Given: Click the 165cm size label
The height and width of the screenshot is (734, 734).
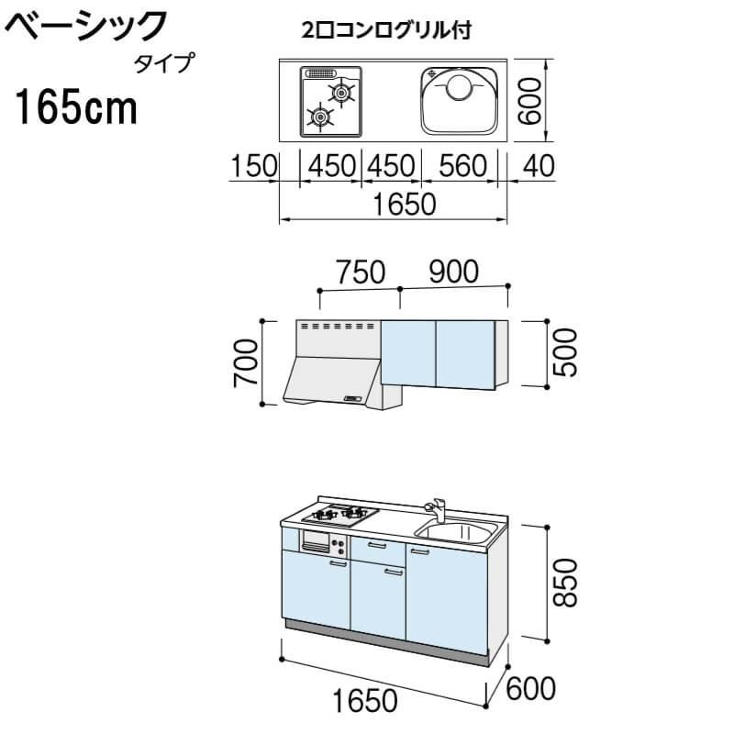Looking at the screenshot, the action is pos(75,109).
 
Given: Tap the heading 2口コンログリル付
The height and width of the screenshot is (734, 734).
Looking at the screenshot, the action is pos(386,31).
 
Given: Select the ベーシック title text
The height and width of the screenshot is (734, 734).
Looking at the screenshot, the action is pos(87,26).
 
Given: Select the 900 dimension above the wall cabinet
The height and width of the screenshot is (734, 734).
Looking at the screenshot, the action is pos(453,272).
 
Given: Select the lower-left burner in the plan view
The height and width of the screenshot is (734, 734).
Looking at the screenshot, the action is pos(319,116).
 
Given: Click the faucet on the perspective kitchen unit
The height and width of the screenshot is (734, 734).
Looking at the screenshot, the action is pos(435,508).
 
